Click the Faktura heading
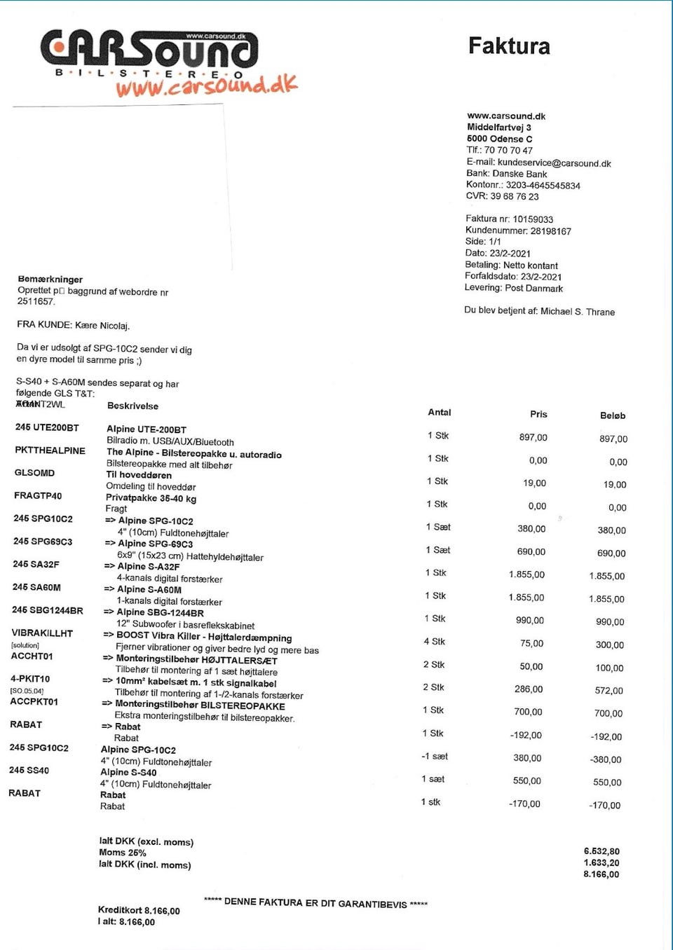(509, 46)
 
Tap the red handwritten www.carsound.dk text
(206, 85)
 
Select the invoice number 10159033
(533, 219)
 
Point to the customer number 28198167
(550, 231)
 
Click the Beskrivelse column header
(132, 406)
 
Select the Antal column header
(440, 413)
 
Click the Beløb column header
(612, 415)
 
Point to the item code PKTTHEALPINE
(50, 450)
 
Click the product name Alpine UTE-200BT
(147, 429)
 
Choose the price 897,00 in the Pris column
(533, 438)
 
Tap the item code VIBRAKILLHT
(42, 633)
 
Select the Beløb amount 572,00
(609, 691)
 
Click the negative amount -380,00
(606, 759)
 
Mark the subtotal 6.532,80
(601, 851)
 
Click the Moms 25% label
(123, 853)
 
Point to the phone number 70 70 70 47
(508, 151)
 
